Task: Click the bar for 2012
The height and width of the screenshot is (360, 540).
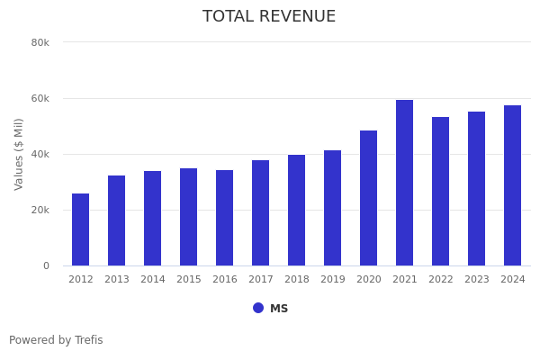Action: [81, 229]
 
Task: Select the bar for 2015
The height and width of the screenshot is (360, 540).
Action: [189, 217]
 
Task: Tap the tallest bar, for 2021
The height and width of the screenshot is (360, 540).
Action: [405, 183]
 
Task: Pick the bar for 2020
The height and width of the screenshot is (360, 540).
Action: [369, 198]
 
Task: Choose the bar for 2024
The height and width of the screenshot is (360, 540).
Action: [513, 185]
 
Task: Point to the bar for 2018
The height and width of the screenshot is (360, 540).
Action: [297, 211]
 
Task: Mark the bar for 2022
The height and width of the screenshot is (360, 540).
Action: [441, 191]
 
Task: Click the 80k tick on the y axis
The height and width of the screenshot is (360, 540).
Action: [40, 42]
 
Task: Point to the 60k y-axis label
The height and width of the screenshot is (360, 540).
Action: [40, 98]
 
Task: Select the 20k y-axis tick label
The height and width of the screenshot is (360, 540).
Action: [40, 210]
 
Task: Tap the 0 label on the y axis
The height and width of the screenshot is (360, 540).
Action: [45, 265]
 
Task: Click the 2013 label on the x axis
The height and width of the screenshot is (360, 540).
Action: [117, 280]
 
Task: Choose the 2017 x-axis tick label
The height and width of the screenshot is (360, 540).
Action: [261, 280]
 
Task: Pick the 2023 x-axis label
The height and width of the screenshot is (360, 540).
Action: [477, 280]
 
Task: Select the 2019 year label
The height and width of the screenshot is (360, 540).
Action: [333, 280]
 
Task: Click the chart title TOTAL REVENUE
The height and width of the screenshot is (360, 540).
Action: [269, 17]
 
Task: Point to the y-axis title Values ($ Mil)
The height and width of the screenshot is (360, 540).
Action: [20, 154]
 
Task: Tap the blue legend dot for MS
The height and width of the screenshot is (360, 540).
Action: [258, 308]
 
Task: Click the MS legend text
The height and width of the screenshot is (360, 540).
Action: [279, 309]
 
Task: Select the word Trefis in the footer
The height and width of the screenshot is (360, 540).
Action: [88, 340]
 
